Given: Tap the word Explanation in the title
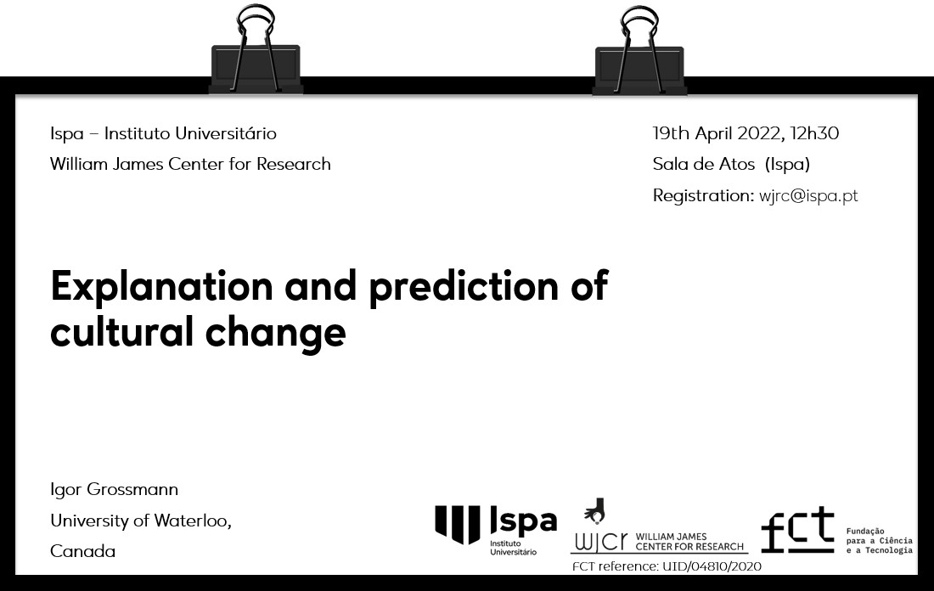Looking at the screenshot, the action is coord(161,288).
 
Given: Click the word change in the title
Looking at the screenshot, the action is coord(276,333).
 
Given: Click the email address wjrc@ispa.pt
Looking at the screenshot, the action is coord(808,196).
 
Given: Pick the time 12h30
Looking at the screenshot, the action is coord(815,132).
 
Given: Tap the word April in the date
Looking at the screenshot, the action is coord(714,133).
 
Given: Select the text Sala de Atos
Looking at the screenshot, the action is coord(704,164).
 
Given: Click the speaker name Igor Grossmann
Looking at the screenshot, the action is coord(115,490).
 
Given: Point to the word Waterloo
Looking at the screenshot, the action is coord(191,521).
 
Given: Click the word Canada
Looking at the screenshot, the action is coord(83,551).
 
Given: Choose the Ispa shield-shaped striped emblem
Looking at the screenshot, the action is coord(458,524).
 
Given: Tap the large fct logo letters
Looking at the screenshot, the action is coord(797,529).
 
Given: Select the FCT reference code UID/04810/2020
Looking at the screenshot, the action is coord(712,566).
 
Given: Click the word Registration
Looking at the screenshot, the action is coord(704,195).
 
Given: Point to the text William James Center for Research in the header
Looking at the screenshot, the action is coord(190,164).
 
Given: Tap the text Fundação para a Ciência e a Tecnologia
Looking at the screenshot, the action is coord(879,540).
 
